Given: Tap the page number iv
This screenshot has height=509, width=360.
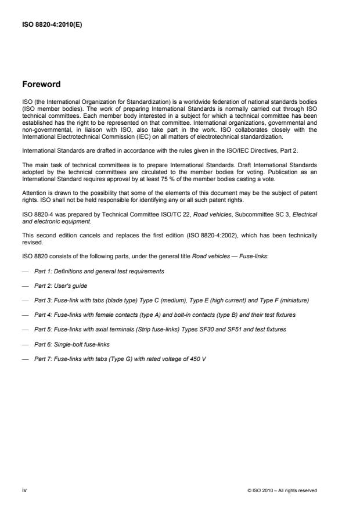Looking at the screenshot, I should [x=24, y=490].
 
